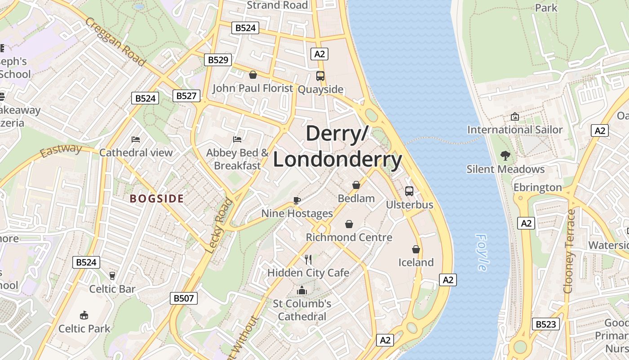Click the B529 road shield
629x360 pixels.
click(x=218, y=59)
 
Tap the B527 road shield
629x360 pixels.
click(x=186, y=95)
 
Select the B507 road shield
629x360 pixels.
click(x=184, y=298)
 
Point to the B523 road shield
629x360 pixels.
click(x=546, y=324)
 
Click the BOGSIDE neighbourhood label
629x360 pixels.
click(x=157, y=198)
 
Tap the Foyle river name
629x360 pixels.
click(x=481, y=252)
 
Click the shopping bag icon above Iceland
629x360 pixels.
click(x=416, y=249)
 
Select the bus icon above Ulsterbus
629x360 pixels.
click(x=409, y=191)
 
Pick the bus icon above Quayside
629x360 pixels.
click(x=320, y=76)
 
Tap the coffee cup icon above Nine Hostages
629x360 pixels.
click(x=297, y=200)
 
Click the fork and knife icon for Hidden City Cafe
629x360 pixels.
click(x=308, y=260)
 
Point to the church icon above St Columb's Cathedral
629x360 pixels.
click(x=302, y=290)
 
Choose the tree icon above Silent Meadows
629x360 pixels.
click(x=505, y=156)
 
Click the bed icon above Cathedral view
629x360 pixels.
click(x=136, y=139)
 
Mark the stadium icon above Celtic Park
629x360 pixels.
click(x=84, y=315)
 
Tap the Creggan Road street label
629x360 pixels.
click(x=115, y=41)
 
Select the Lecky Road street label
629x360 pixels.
click(x=220, y=225)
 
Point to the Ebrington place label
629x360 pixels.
click(x=537, y=187)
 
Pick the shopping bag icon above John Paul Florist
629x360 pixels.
click(x=253, y=75)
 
